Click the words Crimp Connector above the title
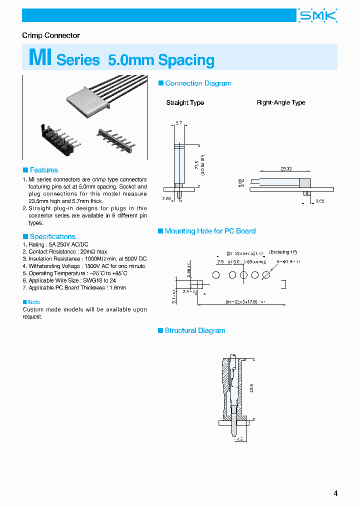[51, 35]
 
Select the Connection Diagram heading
[198, 83]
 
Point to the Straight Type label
[185, 102]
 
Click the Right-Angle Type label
[280, 102]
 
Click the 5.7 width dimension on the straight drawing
[178, 122]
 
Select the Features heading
[43, 170]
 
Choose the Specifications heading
[52, 236]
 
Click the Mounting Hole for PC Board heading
[210, 231]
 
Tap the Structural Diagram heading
[194, 330]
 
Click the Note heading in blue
[34, 302]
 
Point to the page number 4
[335, 493]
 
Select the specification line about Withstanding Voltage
[80, 266]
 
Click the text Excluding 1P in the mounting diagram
[283, 252]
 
